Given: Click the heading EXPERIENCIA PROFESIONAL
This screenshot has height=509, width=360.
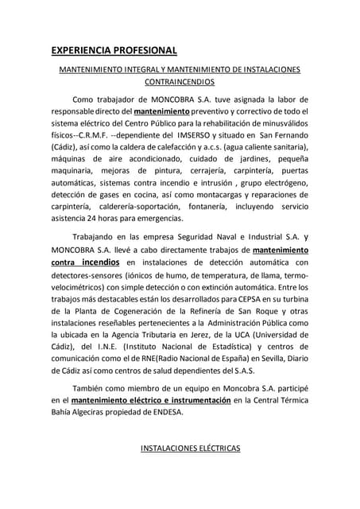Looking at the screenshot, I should point(114,51).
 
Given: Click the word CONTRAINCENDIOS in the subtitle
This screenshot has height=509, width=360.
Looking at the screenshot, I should point(180,82).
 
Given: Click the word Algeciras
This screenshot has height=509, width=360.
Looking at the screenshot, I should point(89,412).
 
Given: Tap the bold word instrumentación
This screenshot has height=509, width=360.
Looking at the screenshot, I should point(188,400).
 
